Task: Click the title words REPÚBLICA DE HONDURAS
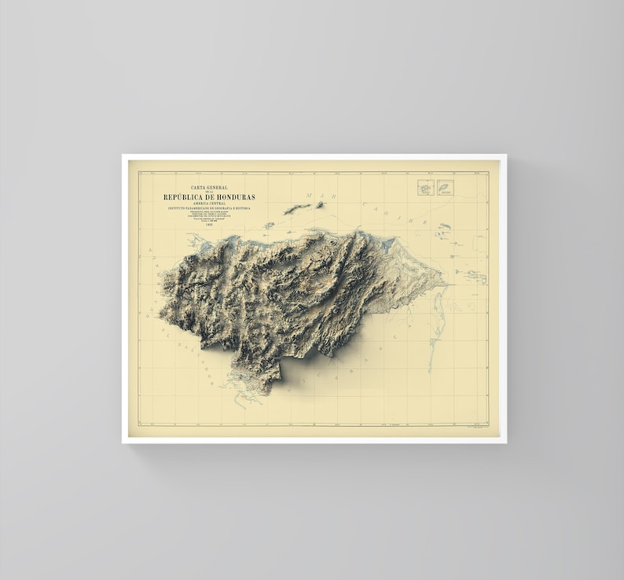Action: (x=209, y=196)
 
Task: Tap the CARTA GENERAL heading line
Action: (x=209, y=188)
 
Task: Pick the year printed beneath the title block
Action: (x=209, y=225)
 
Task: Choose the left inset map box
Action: (x=425, y=188)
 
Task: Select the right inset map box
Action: (x=446, y=188)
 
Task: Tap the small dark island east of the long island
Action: (x=320, y=204)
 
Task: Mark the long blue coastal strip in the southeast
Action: (x=433, y=330)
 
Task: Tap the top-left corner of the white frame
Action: (x=123, y=156)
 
